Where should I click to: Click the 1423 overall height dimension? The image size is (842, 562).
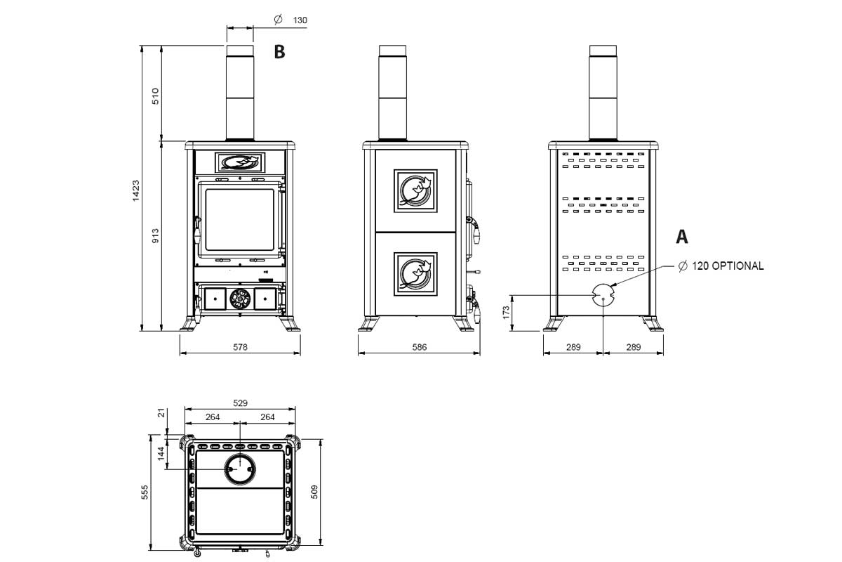pos(135,191)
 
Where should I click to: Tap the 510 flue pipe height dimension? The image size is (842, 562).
pos(155,96)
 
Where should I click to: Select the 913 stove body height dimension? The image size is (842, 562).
pos(155,235)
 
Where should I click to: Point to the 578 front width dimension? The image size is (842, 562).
pos(240,347)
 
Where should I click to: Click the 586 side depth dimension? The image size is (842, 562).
pos(420,347)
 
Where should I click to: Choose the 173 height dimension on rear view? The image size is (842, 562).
pos(506,312)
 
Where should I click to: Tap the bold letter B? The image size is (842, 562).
pos(279,52)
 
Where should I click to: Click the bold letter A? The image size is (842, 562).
pos(682,237)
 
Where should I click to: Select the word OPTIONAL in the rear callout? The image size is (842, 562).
pos(737,266)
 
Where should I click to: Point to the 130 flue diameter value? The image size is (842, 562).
pos(300,20)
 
